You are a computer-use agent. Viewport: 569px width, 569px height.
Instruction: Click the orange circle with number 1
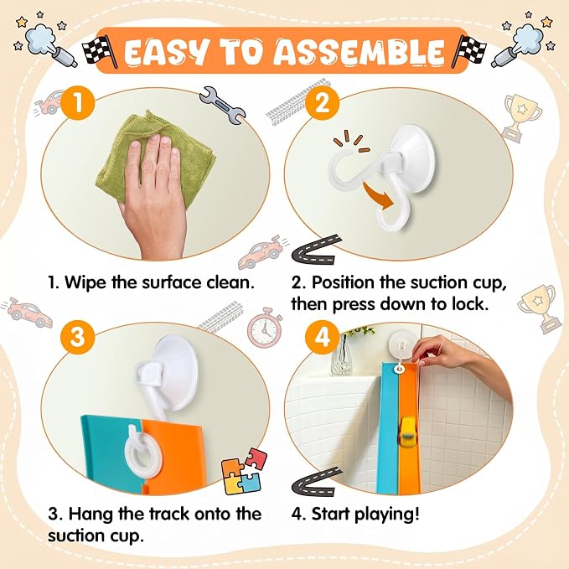point(78,103)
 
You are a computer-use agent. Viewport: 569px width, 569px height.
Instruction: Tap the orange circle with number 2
point(322,103)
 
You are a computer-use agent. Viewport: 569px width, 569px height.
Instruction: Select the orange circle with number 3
point(78,337)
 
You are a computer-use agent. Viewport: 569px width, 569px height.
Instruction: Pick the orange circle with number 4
point(322,337)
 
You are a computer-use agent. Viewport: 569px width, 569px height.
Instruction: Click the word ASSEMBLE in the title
point(359,51)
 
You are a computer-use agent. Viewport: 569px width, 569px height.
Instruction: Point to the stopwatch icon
point(265,328)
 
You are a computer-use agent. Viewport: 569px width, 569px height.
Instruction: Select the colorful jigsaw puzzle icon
point(244,472)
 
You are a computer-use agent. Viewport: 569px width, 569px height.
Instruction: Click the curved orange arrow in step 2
point(380,197)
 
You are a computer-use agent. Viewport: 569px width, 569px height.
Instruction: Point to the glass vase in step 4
point(341,354)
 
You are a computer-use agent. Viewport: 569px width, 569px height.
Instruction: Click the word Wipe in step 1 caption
point(86,282)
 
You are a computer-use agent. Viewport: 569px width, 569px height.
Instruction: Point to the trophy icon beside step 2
point(521,118)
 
